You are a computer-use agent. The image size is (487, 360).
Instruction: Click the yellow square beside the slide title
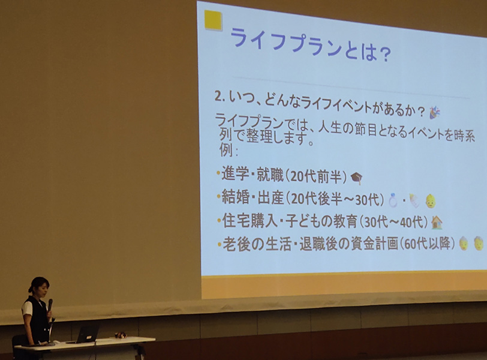[x=213, y=20]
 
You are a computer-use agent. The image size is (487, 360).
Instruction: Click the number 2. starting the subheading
[x=220, y=97]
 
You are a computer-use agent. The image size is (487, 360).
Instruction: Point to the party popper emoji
[x=434, y=112]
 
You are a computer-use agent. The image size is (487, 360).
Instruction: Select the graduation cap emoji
[x=356, y=178]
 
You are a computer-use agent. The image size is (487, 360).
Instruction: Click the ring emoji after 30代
[x=393, y=200]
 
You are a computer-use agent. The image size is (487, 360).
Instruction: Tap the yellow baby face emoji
[x=431, y=201]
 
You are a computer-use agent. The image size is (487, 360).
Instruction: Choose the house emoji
[x=437, y=223]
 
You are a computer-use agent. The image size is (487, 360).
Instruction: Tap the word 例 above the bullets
[x=226, y=151]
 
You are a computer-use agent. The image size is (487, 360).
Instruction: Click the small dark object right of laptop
[x=120, y=335]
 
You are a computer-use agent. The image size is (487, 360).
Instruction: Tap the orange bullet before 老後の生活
[x=220, y=244]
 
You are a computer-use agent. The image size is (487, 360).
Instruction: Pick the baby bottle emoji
[x=414, y=201]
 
